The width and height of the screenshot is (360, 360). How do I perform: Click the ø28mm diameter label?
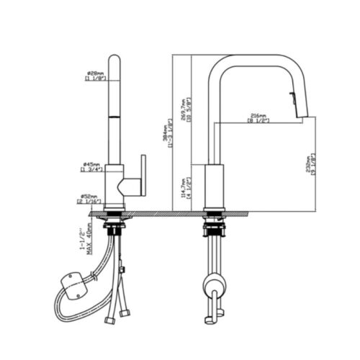95,72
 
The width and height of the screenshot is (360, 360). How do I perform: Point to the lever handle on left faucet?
143,173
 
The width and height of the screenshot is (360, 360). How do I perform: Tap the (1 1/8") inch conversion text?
95,78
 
